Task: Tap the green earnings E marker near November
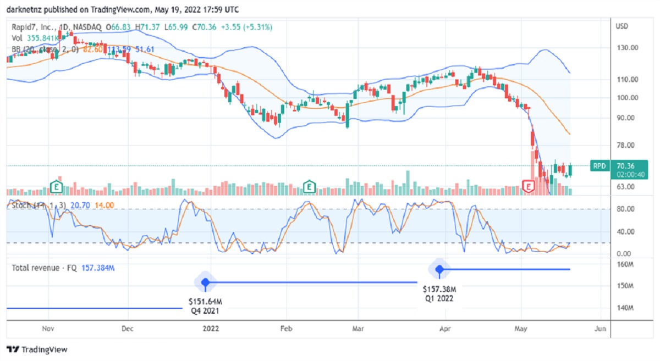pyautogui.click(x=56, y=187)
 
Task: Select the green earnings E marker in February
pyautogui.click(x=310, y=187)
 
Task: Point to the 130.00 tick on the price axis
pyautogui.click(x=627, y=48)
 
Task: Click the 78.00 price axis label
pyautogui.click(x=627, y=145)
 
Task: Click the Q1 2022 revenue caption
pyautogui.click(x=439, y=299)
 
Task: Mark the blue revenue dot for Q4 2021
pyautogui.click(x=205, y=282)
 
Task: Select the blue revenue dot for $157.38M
pyautogui.click(x=439, y=269)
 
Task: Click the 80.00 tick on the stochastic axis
pyautogui.click(x=627, y=209)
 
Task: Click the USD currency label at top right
pyautogui.click(x=622, y=26)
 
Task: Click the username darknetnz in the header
pyautogui.click(x=24, y=9)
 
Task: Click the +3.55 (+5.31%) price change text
pyautogui.click(x=249, y=27)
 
